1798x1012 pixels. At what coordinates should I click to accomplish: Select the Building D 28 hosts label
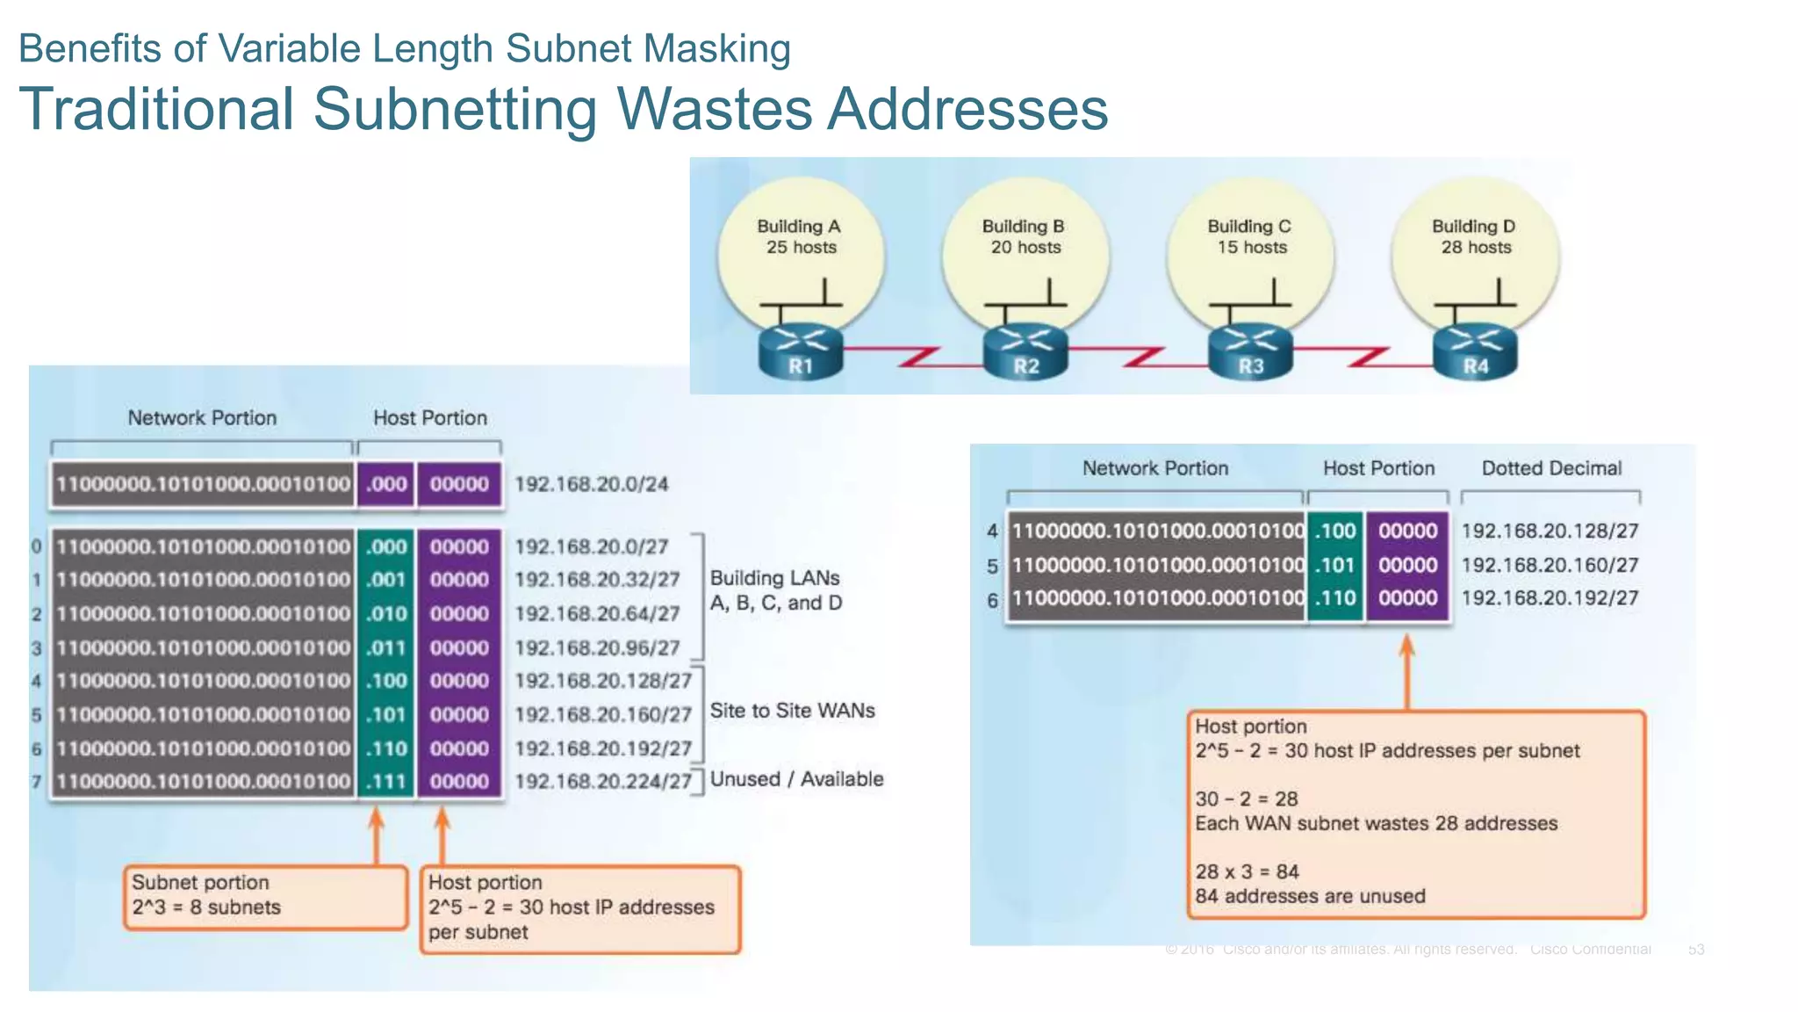1475,236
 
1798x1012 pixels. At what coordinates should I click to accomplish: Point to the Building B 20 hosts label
1025,236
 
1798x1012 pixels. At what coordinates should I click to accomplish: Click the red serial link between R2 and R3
1138,355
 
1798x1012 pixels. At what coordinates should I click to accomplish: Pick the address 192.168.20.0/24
591,484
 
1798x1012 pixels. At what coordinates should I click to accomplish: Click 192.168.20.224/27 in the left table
603,781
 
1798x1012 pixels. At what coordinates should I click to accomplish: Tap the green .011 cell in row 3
386,648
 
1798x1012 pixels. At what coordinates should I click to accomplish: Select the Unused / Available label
796,779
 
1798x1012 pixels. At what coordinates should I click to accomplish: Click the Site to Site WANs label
792,711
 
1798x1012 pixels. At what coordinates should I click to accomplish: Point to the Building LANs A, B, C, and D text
775,590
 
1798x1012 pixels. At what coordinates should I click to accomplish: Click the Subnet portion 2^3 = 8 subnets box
265,896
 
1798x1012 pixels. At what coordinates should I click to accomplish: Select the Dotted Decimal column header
1550,468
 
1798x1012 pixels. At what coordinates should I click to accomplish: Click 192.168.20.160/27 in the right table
1550,565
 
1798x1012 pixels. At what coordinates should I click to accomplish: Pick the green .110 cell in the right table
1335,598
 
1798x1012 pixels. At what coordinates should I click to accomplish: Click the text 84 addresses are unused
1310,896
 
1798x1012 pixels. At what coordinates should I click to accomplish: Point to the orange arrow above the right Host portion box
1406,672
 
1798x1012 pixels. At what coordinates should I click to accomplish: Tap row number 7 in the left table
37,781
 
